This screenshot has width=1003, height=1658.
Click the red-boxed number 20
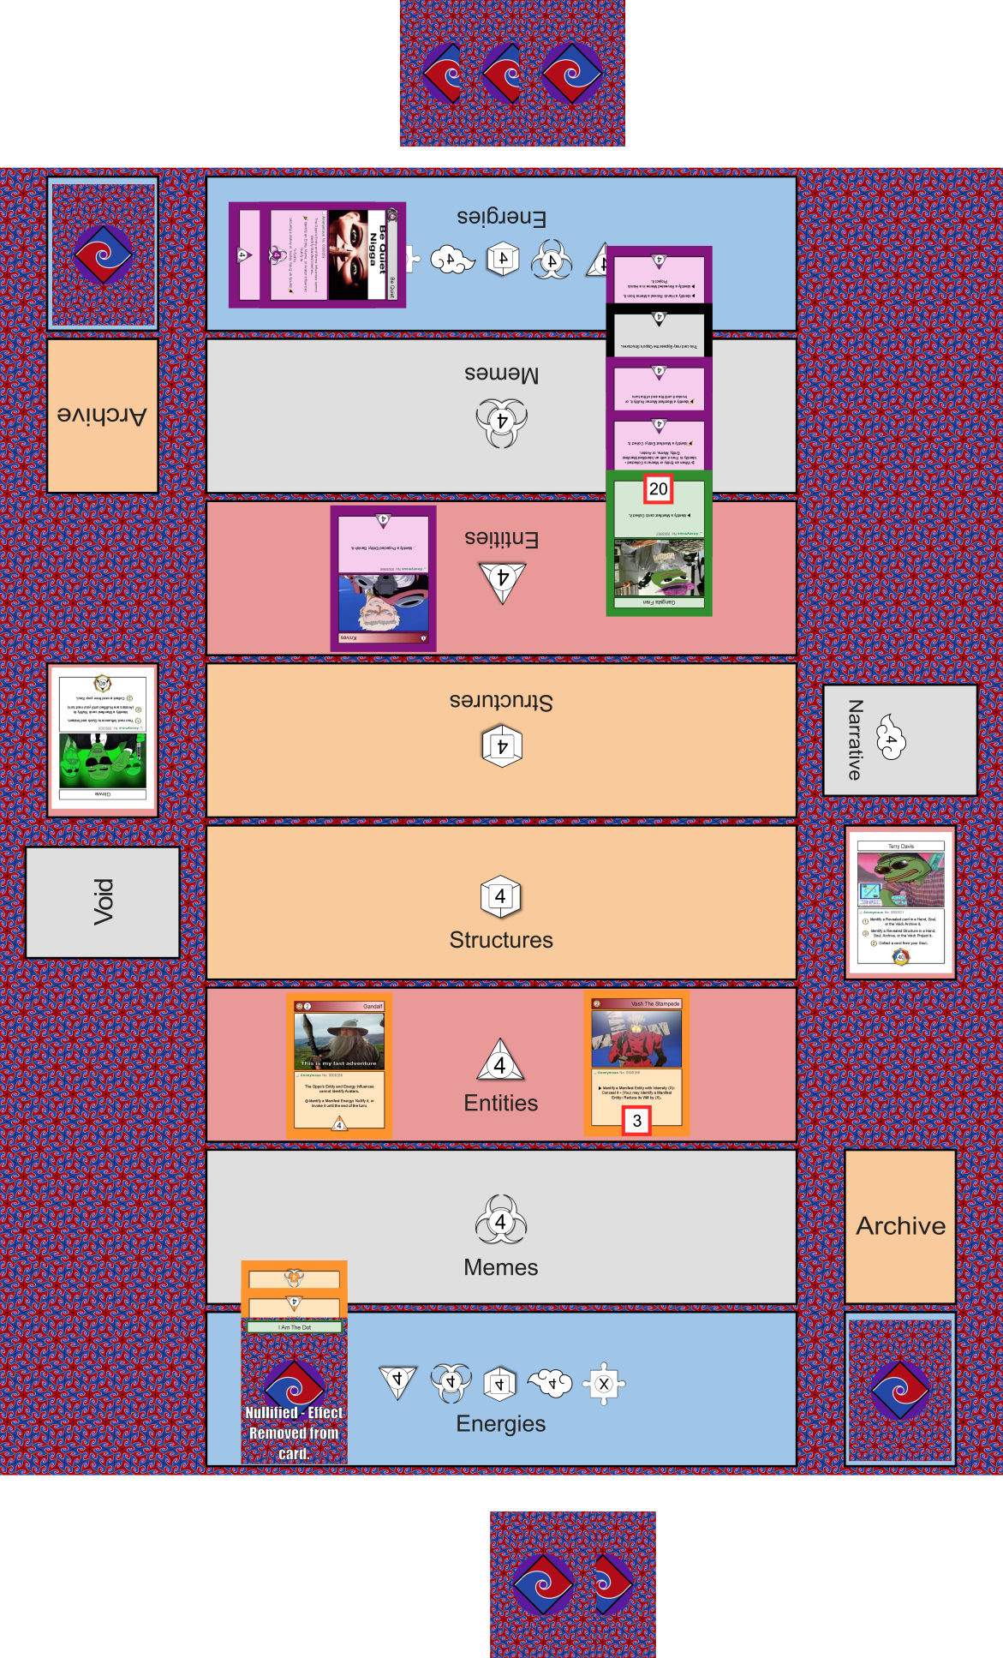point(658,489)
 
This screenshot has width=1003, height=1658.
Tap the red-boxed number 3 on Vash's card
point(636,1121)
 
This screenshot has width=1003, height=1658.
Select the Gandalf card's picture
point(339,1041)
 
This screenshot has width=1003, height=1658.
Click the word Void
point(103,901)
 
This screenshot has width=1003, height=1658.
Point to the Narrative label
point(855,739)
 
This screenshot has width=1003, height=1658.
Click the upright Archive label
point(900,1226)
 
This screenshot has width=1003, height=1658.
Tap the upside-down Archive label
point(102,415)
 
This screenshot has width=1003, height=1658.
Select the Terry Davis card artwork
point(900,879)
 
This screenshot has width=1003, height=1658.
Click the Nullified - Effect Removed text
point(294,1433)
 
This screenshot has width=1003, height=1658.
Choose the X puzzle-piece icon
point(604,1384)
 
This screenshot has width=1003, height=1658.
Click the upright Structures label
point(501,940)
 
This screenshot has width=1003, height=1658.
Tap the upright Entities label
point(501,1103)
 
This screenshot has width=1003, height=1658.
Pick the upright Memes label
point(501,1267)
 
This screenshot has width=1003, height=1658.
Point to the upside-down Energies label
point(501,218)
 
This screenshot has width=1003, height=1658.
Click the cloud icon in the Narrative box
point(892,738)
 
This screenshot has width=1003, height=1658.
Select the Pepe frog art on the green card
point(659,567)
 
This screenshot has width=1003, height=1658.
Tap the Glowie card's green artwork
point(102,760)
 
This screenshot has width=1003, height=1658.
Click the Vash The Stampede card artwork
point(636,1038)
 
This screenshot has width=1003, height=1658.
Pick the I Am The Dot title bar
point(295,1327)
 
